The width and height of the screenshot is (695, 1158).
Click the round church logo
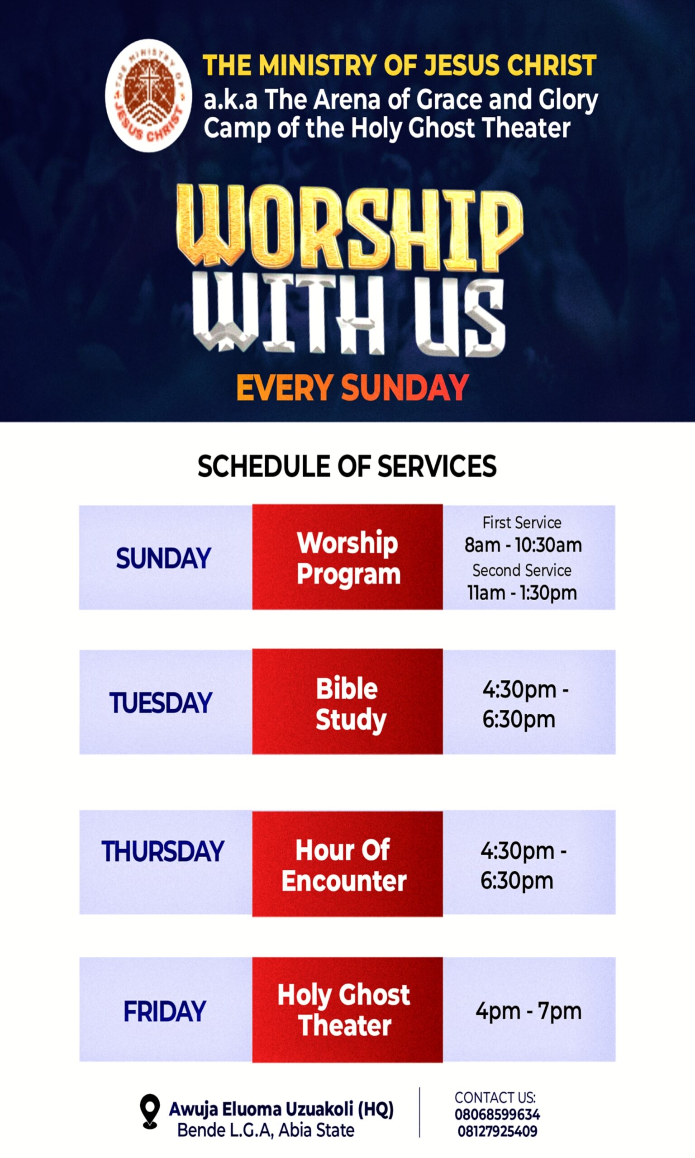(x=148, y=95)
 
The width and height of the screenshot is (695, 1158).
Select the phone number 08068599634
(x=497, y=1115)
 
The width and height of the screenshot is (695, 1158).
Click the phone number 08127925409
(x=497, y=1131)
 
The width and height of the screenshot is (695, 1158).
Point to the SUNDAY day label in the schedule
(x=163, y=558)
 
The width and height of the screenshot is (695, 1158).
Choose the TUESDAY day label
(x=161, y=702)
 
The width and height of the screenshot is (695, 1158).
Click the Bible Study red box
(x=347, y=701)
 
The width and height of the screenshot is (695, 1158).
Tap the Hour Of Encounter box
(x=347, y=864)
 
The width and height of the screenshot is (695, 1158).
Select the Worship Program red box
(x=347, y=556)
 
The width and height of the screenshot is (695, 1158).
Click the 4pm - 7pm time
(x=529, y=1011)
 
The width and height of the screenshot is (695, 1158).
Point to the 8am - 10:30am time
(x=523, y=545)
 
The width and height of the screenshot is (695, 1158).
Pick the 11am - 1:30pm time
(x=522, y=593)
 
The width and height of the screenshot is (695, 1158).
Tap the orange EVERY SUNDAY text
(x=352, y=388)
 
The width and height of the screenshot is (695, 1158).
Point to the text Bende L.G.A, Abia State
(x=266, y=1130)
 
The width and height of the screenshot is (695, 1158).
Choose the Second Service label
(x=522, y=570)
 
